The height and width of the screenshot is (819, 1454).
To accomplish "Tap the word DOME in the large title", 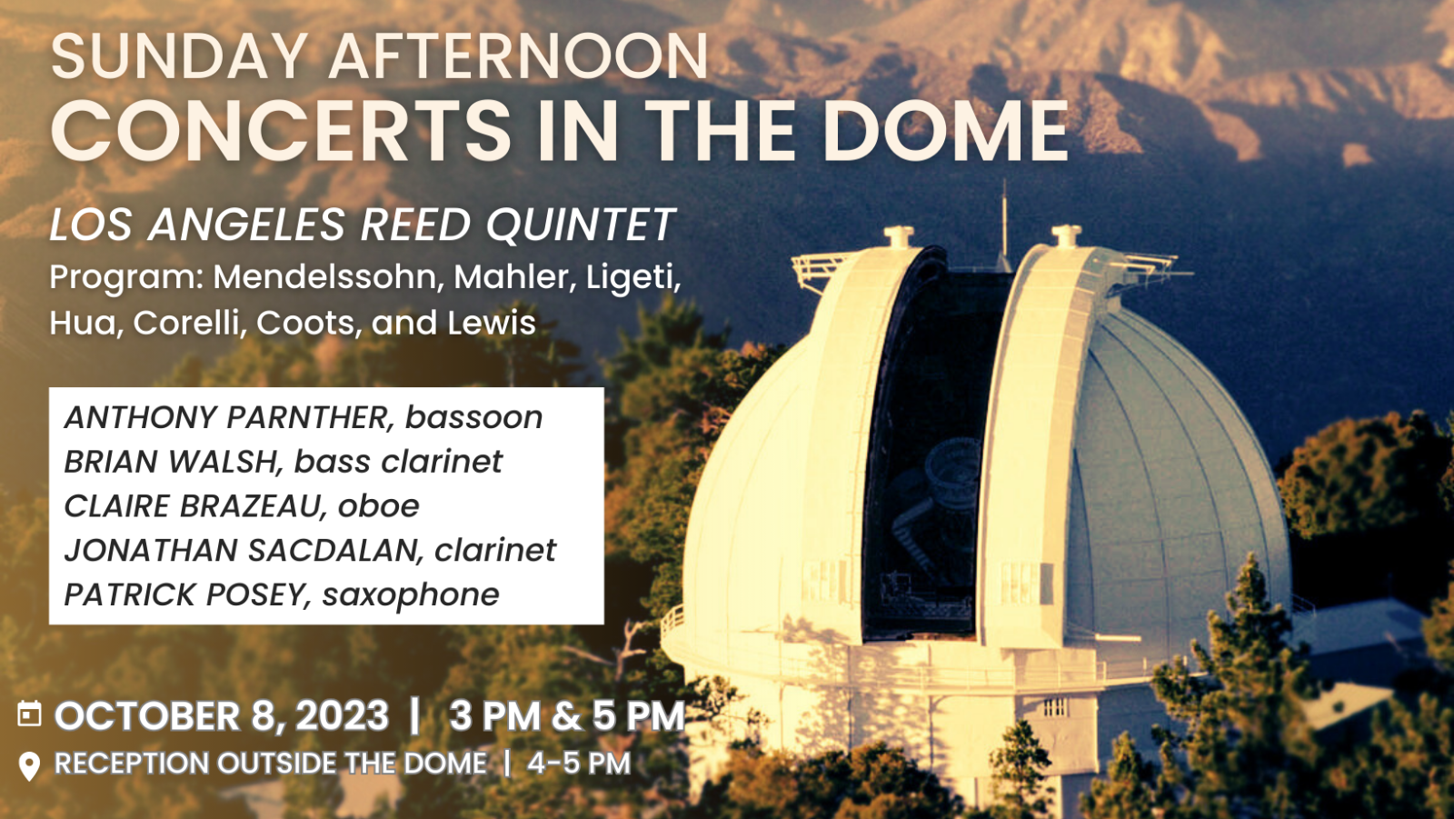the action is [x=946, y=130].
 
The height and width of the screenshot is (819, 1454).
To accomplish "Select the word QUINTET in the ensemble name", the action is [x=581, y=225].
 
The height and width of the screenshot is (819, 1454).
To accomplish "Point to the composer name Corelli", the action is [x=191, y=323].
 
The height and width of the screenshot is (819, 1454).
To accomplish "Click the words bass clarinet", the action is [x=398, y=461].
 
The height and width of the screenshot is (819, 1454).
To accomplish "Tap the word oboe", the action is [x=378, y=506].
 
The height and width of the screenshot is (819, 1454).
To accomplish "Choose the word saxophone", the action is [x=411, y=594].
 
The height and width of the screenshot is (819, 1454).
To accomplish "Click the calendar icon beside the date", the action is [x=29, y=714].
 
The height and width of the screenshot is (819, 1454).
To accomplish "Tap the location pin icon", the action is [x=29, y=766].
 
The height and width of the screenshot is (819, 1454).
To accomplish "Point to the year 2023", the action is [x=342, y=715].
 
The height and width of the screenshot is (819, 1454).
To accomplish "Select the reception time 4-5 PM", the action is [x=579, y=764].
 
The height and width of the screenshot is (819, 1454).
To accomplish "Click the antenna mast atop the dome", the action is [x=1004, y=225].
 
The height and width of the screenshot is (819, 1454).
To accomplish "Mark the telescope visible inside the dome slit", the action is [x=935, y=500].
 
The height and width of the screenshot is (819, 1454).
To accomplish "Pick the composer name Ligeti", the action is [x=633, y=278].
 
